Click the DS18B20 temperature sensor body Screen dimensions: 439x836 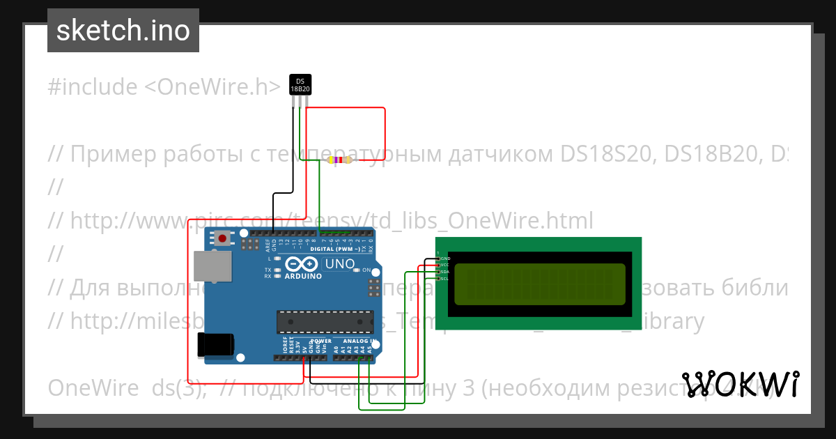tap(300, 84)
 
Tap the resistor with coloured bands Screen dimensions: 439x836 tap(339, 160)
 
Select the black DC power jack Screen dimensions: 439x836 tap(215, 345)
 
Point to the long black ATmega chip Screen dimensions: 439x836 tap(323, 321)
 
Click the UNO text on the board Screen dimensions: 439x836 tap(339, 265)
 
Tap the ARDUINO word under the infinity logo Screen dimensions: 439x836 tap(303, 276)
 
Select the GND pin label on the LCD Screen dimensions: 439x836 tap(445, 258)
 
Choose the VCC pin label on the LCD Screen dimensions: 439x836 tap(445, 265)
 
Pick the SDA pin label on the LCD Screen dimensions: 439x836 tap(445, 272)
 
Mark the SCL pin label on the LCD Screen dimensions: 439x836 tap(445, 279)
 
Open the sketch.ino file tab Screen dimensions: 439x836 tap(123, 31)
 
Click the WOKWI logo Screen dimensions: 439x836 tap(740, 384)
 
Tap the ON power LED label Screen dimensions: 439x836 tap(366, 270)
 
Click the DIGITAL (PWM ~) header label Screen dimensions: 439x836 tap(335, 249)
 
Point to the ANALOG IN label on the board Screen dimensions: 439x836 tap(359, 341)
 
